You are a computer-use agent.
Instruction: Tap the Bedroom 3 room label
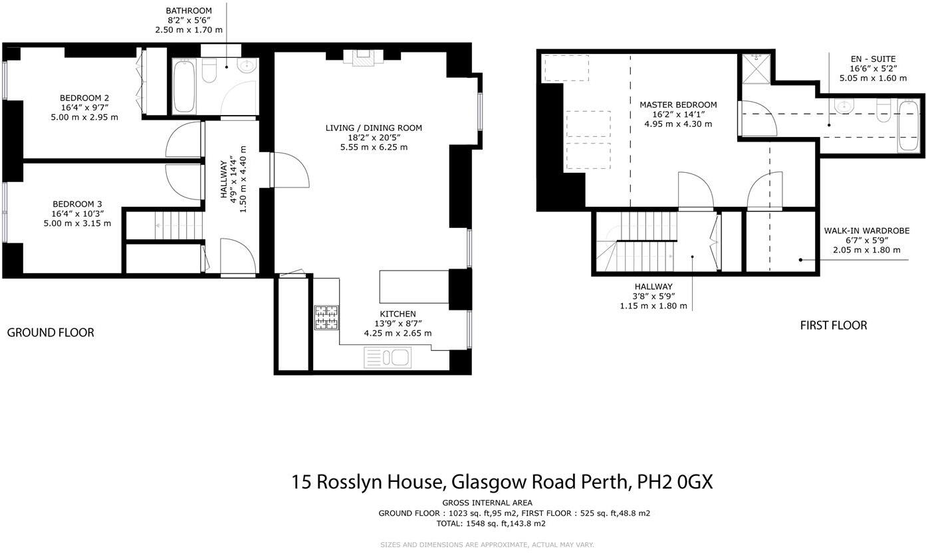pyautogui.click(x=78, y=204)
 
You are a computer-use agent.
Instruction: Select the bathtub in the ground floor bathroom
pyautogui.click(x=185, y=86)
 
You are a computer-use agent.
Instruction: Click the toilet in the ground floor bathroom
pyautogui.click(x=209, y=70)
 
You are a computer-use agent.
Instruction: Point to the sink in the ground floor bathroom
pyautogui.click(x=247, y=66)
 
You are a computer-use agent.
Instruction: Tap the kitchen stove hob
pyautogui.click(x=326, y=317)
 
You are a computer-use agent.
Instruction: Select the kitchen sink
pyautogui.click(x=388, y=358)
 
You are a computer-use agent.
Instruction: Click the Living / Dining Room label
pyautogui.click(x=373, y=128)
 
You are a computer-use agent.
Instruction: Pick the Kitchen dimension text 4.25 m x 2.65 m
pyautogui.click(x=398, y=333)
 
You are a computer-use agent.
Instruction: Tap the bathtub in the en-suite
pyautogui.click(x=909, y=125)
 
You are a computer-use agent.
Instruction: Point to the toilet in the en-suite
pyautogui.click(x=883, y=110)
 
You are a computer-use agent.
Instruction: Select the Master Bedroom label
pyautogui.click(x=677, y=104)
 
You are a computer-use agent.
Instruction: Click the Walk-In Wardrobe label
pyautogui.click(x=866, y=231)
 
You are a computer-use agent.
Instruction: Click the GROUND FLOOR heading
pyautogui.click(x=51, y=332)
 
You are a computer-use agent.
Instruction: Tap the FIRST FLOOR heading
pyautogui.click(x=833, y=325)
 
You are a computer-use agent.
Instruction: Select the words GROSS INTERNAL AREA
pyautogui.click(x=487, y=502)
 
